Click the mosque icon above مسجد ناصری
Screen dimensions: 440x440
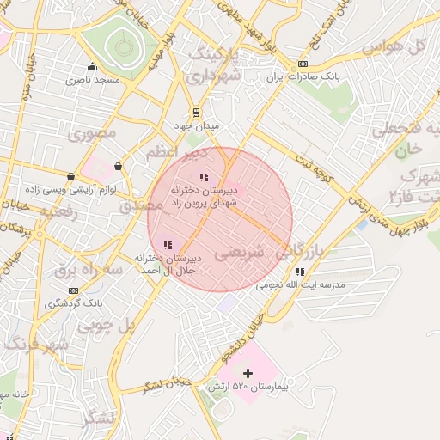point(93,67)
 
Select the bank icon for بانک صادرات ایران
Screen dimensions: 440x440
point(302,64)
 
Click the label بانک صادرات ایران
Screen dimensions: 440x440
point(302,77)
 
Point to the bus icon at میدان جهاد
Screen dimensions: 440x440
point(197,112)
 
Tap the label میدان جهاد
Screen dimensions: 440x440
point(197,125)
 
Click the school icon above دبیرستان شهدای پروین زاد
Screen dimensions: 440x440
point(204,177)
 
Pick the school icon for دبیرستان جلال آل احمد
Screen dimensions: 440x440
point(168,245)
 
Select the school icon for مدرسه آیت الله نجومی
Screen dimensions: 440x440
point(300,272)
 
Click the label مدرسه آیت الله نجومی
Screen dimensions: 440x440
point(300,284)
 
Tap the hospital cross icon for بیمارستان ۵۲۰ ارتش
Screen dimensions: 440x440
point(248,373)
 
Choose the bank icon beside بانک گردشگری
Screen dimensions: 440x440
point(73,290)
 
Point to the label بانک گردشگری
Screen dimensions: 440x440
point(74,303)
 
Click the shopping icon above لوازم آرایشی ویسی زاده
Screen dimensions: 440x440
point(118,166)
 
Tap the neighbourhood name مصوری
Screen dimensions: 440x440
point(92,134)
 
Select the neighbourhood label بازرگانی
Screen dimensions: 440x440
point(302,251)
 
